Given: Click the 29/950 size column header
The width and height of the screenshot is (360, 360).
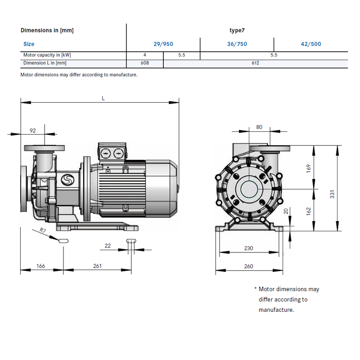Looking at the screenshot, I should pyautogui.click(x=163, y=44).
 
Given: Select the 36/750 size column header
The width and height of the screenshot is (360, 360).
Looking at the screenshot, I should pyautogui.click(x=237, y=44).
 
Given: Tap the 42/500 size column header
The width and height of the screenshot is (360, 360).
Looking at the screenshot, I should pyautogui.click(x=311, y=44).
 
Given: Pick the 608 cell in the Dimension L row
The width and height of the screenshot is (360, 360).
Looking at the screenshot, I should pyautogui.click(x=144, y=63).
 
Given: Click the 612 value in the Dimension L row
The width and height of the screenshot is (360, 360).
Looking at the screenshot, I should pyautogui.click(x=255, y=63).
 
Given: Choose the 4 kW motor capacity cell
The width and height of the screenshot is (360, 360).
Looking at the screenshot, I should pyautogui.click(x=144, y=54).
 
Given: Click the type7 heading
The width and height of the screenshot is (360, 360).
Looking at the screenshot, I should pyautogui.click(x=237, y=30).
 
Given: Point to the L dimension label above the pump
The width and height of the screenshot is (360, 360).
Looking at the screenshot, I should pyautogui.click(x=103, y=98).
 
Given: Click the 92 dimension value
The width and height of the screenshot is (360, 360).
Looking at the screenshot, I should pyautogui.click(x=33, y=130).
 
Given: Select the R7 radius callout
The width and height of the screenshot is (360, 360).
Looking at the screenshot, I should pyautogui.click(x=43, y=230).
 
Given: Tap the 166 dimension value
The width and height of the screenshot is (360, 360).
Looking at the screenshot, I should pyautogui.click(x=40, y=266).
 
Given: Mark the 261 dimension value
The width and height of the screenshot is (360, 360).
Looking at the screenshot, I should pyautogui.click(x=97, y=266).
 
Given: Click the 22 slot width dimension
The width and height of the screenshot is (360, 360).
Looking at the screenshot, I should pyautogui.click(x=108, y=245).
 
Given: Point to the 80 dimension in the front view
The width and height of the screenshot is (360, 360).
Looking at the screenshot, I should pyautogui.click(x=259, y=127).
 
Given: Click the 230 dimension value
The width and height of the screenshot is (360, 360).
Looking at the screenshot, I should pyautogui.click(x=248, y=248).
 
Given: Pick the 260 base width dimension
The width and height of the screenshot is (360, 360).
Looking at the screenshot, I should pyautogui.click(x=248, y=266).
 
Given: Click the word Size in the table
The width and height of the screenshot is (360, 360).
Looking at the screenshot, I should pyautogui.click(x=29, y=44).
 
